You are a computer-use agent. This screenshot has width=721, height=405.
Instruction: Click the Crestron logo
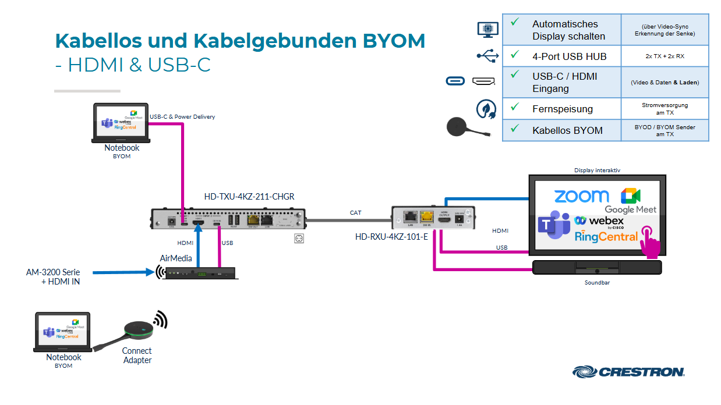(x=628, y=371)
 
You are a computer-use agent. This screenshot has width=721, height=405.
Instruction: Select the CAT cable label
(x=355, y=212)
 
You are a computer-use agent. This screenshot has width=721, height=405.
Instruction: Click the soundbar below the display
(x=597, y=268)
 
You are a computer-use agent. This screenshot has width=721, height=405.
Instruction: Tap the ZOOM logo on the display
(x=581, y=197)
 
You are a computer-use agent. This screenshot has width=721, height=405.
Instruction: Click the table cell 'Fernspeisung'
(x=562, y=109)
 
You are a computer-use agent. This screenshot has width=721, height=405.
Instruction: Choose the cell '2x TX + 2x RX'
(x=665, y=56)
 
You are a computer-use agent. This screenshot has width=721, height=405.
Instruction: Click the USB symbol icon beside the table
(x=487, y=56)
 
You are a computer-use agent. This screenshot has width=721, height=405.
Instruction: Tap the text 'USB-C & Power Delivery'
(x=182, y=117)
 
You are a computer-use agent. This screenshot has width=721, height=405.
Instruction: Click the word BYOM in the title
(x=394, y=41)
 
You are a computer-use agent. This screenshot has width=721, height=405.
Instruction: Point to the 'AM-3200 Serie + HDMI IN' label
(x=53, y=277)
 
